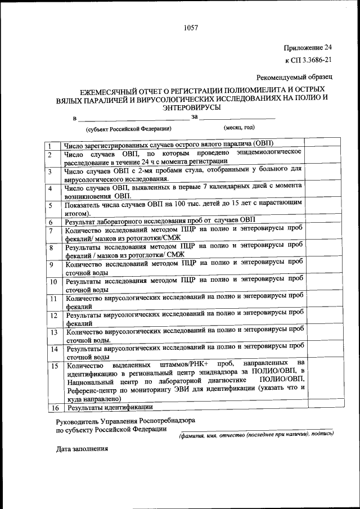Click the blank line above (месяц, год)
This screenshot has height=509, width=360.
coord(237,118)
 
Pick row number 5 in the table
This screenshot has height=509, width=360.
coord(50,206)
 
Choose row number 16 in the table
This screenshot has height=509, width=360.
coord(54,407)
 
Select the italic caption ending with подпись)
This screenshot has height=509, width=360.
coord(256,435)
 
